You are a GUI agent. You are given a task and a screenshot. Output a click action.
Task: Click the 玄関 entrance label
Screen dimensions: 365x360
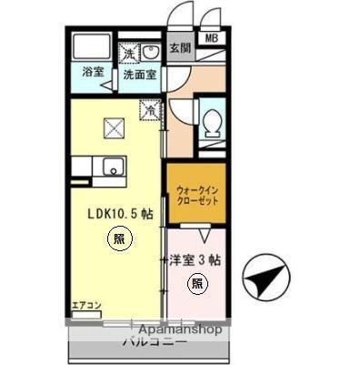point(180,48)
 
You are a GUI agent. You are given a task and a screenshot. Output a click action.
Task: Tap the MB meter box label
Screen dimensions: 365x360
point(211,38)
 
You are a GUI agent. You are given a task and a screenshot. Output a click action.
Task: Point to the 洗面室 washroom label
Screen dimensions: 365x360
point(142,72)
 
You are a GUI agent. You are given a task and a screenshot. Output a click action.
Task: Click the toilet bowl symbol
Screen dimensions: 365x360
point(211,122)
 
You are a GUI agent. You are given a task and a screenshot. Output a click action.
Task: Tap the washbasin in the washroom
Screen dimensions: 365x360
point(152,49)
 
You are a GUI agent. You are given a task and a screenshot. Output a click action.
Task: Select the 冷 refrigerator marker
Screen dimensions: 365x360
point(149,110)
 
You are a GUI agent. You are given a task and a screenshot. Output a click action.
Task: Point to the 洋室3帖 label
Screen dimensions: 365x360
point(195,259)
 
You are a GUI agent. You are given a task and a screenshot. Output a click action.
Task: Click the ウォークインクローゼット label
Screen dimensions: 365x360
point(192,195)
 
